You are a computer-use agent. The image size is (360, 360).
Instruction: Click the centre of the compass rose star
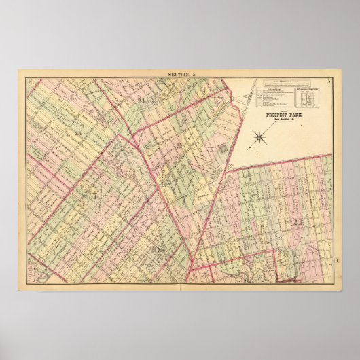click(259, 139)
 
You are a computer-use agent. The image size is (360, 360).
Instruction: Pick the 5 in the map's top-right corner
click(328, 82)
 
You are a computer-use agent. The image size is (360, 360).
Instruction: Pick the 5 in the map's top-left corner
click(31, 82)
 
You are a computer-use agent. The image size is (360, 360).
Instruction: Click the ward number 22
click(297, 221)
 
